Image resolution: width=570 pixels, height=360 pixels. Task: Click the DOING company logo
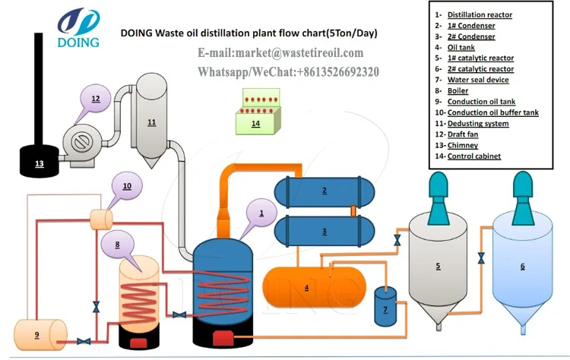coord(78,27)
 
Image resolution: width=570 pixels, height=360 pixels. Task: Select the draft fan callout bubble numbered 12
coord(96,99)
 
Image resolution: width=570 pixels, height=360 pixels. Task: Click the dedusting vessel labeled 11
coord(152,122)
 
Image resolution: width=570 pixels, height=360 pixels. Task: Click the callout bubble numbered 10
coord(127,185)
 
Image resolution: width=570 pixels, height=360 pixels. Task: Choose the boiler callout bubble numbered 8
coord(118,245)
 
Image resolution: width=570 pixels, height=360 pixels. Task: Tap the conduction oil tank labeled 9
coord(37,333)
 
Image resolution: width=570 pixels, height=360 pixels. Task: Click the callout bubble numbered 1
coord(262,213)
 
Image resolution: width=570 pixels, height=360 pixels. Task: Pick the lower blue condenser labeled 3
coord(325,231)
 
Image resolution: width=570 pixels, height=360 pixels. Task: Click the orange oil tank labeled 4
coord(307,287)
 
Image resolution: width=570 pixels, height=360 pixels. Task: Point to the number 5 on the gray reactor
coord(438,266)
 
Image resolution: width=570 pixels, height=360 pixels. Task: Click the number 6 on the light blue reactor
coord(522,267)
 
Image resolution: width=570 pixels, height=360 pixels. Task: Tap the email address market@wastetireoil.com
coord(280,53)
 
